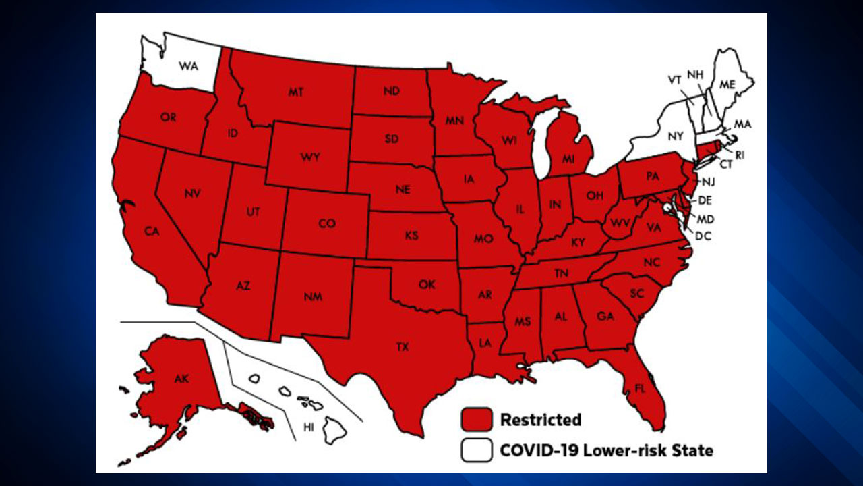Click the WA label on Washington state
click(187, 65)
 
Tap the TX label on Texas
click(402, 347)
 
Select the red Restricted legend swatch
click(477, 420)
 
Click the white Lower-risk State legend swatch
click(477, 450)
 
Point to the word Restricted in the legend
click(540, 420)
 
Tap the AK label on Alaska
click(181, 379)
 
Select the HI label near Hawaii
click(309, 427)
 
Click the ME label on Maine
click(727, 84)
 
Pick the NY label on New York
click(676, 136)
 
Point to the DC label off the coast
click(704, 236)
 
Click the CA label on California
click(152, 232)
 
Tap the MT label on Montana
click(295, 92)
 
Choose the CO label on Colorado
click(327, 223)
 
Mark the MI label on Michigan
click(568, 157)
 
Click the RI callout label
click(740, 155)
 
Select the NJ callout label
click(708, 182)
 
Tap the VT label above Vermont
click(674, 80)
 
